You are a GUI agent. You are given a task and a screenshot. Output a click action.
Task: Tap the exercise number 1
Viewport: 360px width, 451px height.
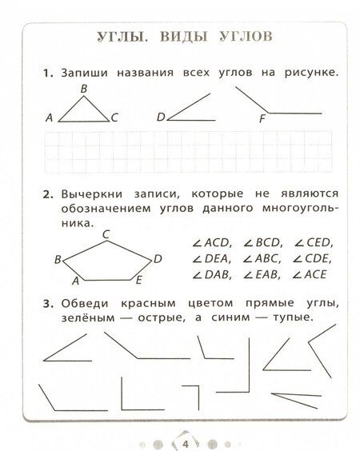click(x=46, y=74)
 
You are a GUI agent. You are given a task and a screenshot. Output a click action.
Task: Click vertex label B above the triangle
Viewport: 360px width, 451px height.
click(x=83, y=89)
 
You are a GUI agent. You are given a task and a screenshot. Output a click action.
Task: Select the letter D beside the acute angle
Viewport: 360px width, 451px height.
click(x=160, y=118)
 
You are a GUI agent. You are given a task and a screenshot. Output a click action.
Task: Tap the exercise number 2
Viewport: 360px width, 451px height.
click(x=46, y=194)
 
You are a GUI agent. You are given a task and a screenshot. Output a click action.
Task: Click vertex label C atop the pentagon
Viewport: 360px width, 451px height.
click(x=106, y=233)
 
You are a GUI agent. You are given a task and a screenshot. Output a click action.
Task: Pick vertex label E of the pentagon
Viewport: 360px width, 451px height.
click(x=139, y=281)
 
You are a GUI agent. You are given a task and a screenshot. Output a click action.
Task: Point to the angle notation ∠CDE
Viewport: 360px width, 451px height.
click(x=311, y=259)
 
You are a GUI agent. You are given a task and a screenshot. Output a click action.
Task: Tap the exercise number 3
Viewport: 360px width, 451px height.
click(x=46, y=303)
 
